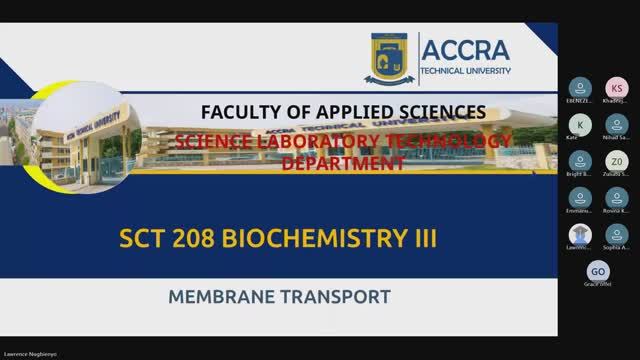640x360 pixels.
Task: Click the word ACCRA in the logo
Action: point(467,51)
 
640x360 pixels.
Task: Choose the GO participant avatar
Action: point(598,272)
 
